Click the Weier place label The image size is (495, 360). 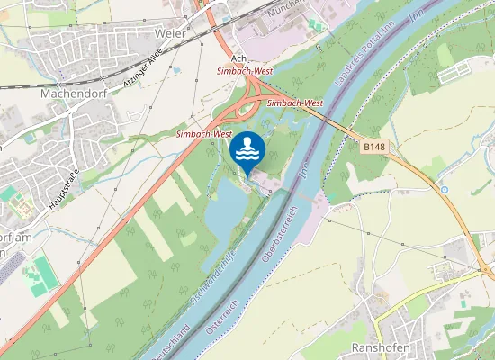[x=170, y=33]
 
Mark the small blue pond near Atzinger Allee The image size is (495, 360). [x=176, y=69]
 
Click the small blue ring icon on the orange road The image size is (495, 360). [x=445, y=190]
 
